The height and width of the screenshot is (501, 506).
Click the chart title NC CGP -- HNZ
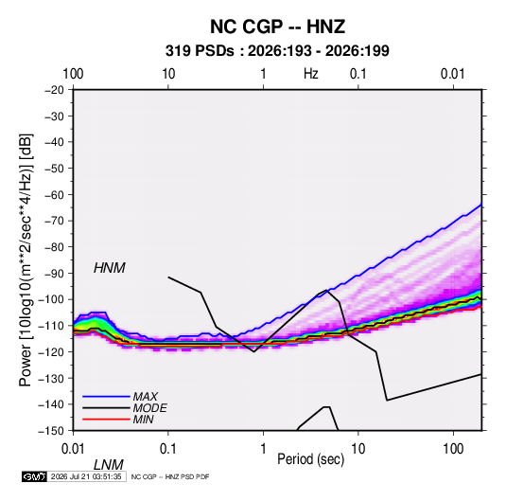pyautogui.click(x=277, y=27)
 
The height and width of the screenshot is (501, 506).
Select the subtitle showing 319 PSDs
pyautogui.click(x=277, y=51)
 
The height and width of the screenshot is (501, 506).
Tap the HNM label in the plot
pyautogui.click(x=110, y=268)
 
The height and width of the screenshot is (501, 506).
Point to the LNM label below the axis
pyautogui.click(x=109, y=465)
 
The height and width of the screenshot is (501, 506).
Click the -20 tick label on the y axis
pyautogui.click(x=54, y=90)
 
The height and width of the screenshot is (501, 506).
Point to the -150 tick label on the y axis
pyautogui.click(x=51, y=431)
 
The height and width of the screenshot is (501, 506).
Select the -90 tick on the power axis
pyautogui.click(x=54, y=274)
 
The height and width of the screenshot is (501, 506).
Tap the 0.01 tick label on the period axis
pyautogui.click(x=73, y=449)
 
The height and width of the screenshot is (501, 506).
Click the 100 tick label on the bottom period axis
pyautogui.click(x=453, y=449)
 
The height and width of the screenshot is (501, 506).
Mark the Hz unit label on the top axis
pyautogui.click(x=311, y=74)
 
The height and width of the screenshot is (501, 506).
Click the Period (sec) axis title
pyautogui.click(x=311, y=459)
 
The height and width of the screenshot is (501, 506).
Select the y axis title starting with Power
pyautogui.click(x=26, y=259)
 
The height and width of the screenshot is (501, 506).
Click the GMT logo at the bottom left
pyautogui.click(x=34, y=476)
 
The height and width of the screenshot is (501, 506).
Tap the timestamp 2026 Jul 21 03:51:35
pyautogui.click(x=86, y=476)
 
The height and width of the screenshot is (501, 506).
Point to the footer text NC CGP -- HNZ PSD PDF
pyautogui.click(x=170, y=476)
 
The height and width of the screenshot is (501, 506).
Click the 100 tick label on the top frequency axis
pyautogui.click(x=73, y=74)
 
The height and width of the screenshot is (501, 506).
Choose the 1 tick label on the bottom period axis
pyautogui.click(x=263, y=449)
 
